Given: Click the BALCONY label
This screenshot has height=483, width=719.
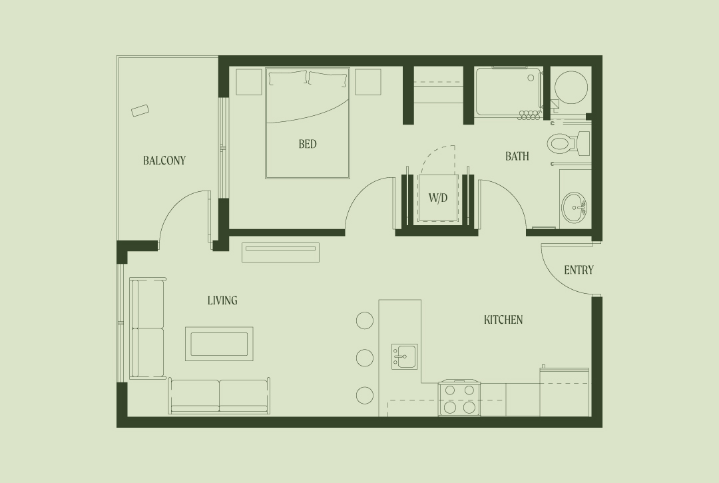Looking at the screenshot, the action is pyautogui.click(x=164, y=161).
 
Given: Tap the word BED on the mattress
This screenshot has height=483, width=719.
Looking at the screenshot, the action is pyautogui.click(x=307, y=144).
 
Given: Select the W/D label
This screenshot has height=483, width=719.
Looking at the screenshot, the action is pyautogui.click(x=438, y=198).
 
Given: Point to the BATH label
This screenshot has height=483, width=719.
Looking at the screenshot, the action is pyautogui.click(x=517, y=157).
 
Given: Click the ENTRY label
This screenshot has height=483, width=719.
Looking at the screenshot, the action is pyautogui.click(x=579, y=270).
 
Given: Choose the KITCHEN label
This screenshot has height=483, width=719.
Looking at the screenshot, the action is pyautogui.click(x=503, y=320).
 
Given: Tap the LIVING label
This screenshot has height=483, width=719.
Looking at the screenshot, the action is pyautogui.click(x=222, y=300).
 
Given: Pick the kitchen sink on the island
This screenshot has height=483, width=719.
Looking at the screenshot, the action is pyautogui.click(x=405, y=356).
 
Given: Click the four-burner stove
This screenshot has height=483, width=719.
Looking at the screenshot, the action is pyautogui.click(x=459, y=398).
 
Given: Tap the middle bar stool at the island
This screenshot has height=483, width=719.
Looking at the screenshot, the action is pyautogui.click(x=365, y=358).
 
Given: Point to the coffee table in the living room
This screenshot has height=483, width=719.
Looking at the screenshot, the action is pyautogui.click(x=219, y=344).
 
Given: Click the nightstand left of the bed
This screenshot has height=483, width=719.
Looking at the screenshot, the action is pyautogui.click(x=249, y=82).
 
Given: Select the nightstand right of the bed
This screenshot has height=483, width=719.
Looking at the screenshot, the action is pyautogui.click(x=367, y=82).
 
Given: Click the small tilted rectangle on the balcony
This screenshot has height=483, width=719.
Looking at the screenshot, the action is pyautogui.click(x=140, y=111).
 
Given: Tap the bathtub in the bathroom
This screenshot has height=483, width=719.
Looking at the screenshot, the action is pyautogui.click(x=508, y=92).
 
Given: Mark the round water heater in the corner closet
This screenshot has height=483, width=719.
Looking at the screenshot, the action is pyautogui.click(x=571, y=88).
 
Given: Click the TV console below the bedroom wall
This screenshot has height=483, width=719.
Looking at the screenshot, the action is pyautogui.click(x=281, y=252).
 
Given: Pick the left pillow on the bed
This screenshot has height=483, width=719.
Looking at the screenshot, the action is pyautogui.click(x=288, y=78).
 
